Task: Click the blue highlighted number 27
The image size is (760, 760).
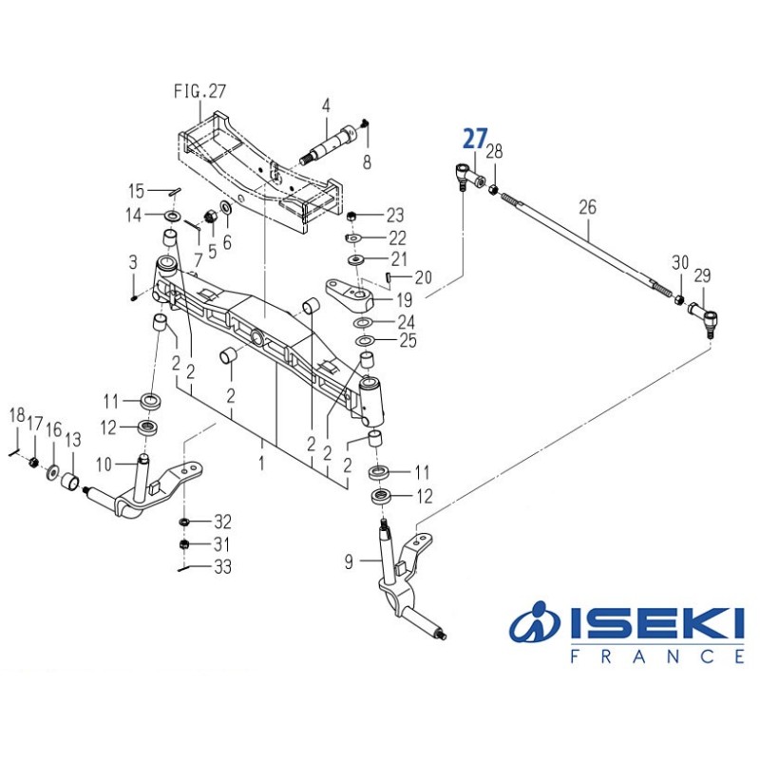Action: click(474, 139)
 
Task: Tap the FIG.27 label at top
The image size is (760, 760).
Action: click(199, 92)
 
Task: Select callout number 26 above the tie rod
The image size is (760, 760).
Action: click(587, 205)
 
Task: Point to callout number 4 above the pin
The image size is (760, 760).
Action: click(325, 105)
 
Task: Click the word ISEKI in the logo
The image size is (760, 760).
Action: click(655, 623)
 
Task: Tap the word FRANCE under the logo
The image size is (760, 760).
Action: click(656, 656)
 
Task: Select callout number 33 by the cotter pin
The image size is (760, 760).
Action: click(222, 567)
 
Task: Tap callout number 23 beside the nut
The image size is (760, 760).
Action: click(394, 215)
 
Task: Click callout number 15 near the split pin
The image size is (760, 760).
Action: click(137, 190)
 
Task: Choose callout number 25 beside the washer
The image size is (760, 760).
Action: click(408, 340)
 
